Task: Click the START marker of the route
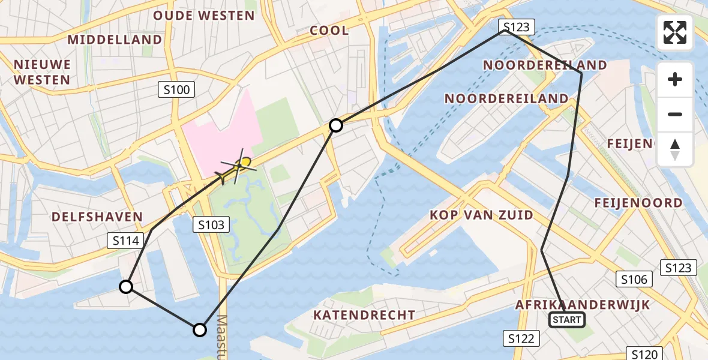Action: click(x=567, y=320)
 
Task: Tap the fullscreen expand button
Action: click(x=675, y=32)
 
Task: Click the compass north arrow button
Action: click(x=675, y=149)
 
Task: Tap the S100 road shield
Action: click(x=176, y=91)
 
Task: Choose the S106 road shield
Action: click(x=634, y=279)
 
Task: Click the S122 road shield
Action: click(x=520, y=339)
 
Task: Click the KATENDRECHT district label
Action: click(x=364, y=315)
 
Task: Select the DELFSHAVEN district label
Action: click(x=97, y=217)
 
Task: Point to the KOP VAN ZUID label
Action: click(x=481, y=215)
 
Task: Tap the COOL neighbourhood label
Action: click(x=329, y=31)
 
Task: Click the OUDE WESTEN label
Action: click(x=204, y=16)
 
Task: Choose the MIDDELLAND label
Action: click(x=115, y=40)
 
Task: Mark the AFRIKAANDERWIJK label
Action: click(x=582, y=305)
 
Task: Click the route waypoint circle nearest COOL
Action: click(x=336, y=125)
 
